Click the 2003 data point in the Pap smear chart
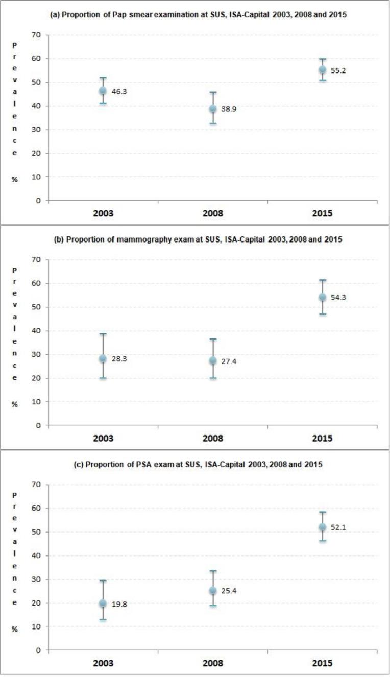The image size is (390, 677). [x=103, y=91]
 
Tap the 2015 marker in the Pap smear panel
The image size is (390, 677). [x=322, y=70]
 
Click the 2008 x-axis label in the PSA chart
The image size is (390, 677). [x=213, y=663]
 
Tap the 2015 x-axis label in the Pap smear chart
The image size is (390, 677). [x=322, y=213]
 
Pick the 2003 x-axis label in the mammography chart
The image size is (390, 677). [x=103, y=438]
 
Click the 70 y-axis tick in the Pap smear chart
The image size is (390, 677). [x=38, y=35]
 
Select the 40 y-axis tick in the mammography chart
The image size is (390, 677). [x=38, y=331]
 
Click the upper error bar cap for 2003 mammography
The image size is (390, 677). [x=103, y=334]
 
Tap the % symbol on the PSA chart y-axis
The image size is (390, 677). [x=15, y=629]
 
